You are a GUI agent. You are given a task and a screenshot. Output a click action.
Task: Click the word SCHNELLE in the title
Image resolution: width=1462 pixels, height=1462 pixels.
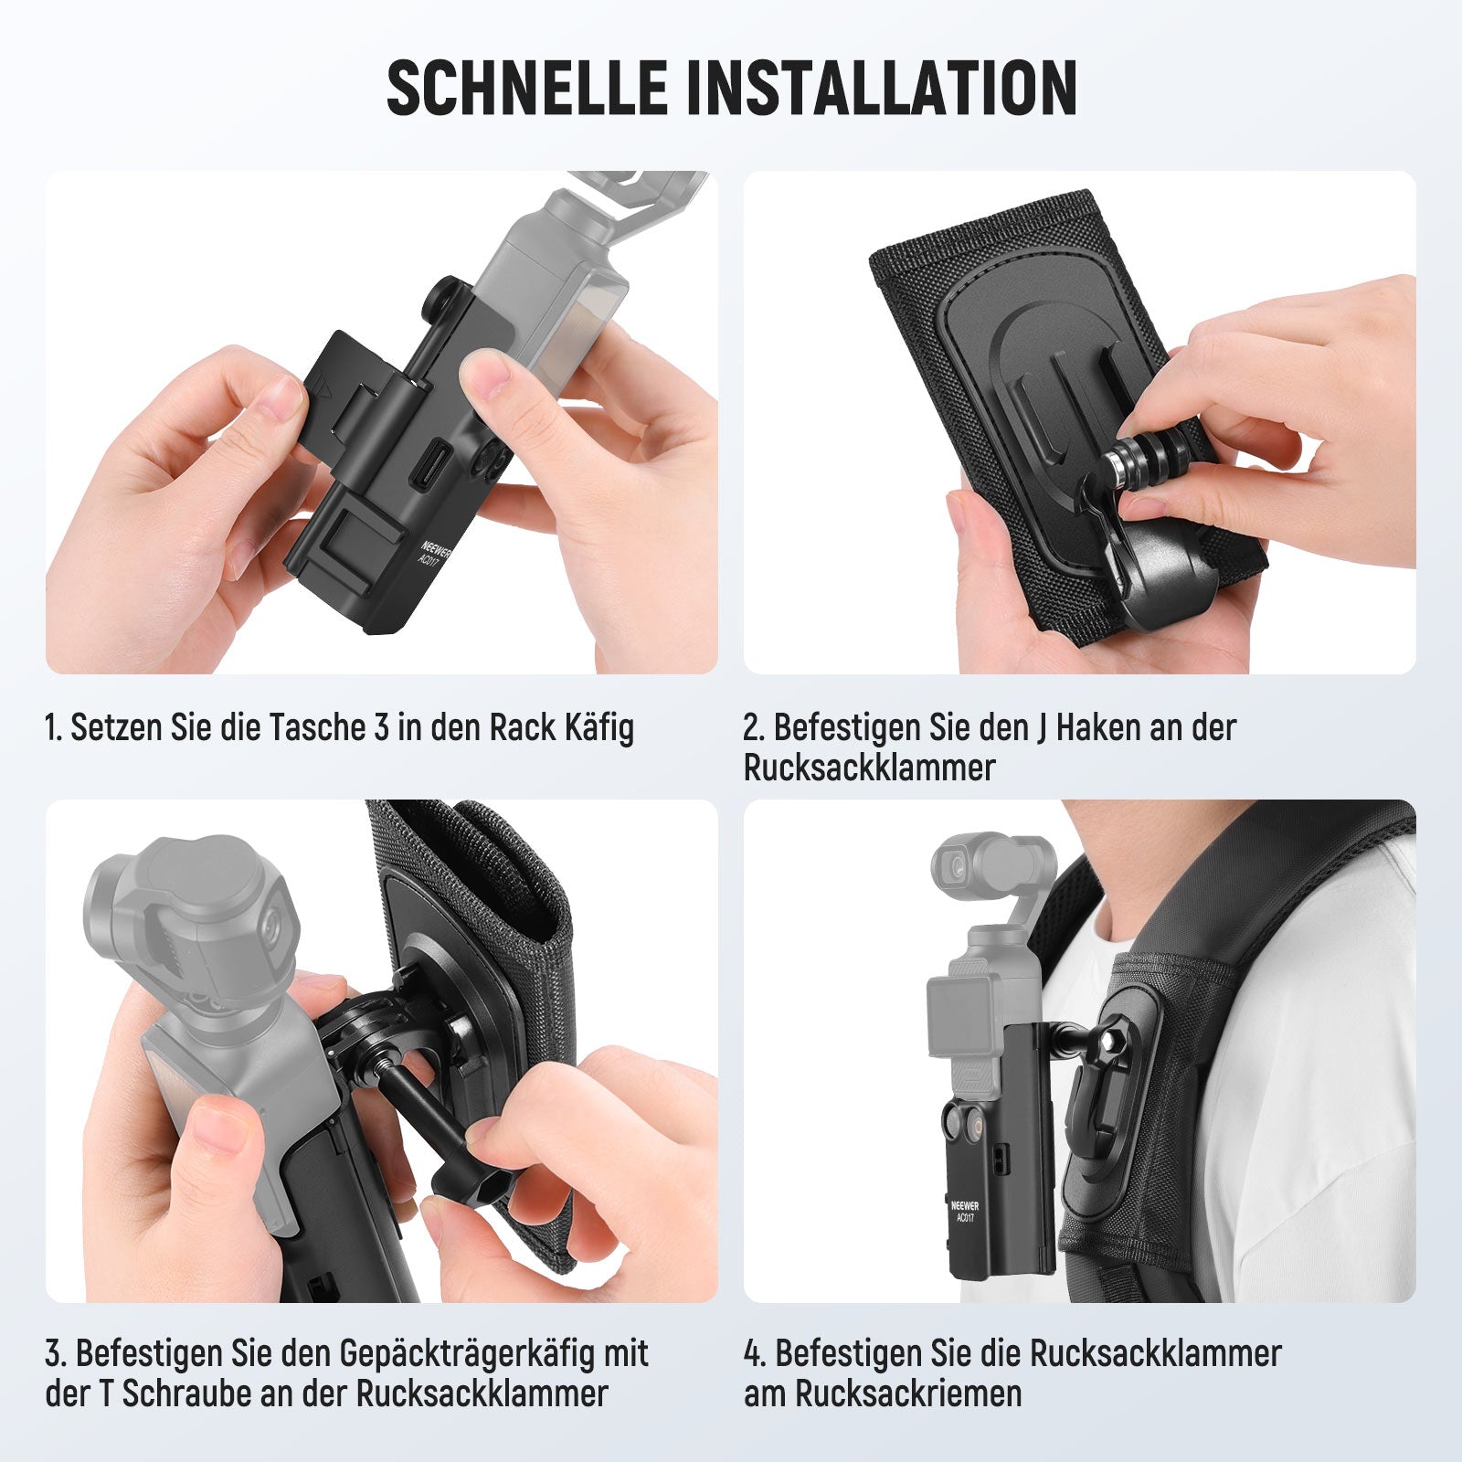pos(527,88)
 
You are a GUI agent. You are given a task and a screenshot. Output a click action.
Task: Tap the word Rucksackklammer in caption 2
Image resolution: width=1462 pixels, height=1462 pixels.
pos(869,768)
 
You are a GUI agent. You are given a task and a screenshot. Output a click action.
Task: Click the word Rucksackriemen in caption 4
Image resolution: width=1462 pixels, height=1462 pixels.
pos(907,1394)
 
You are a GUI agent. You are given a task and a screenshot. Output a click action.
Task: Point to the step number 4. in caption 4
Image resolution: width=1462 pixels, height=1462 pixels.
pos(755,1354)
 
